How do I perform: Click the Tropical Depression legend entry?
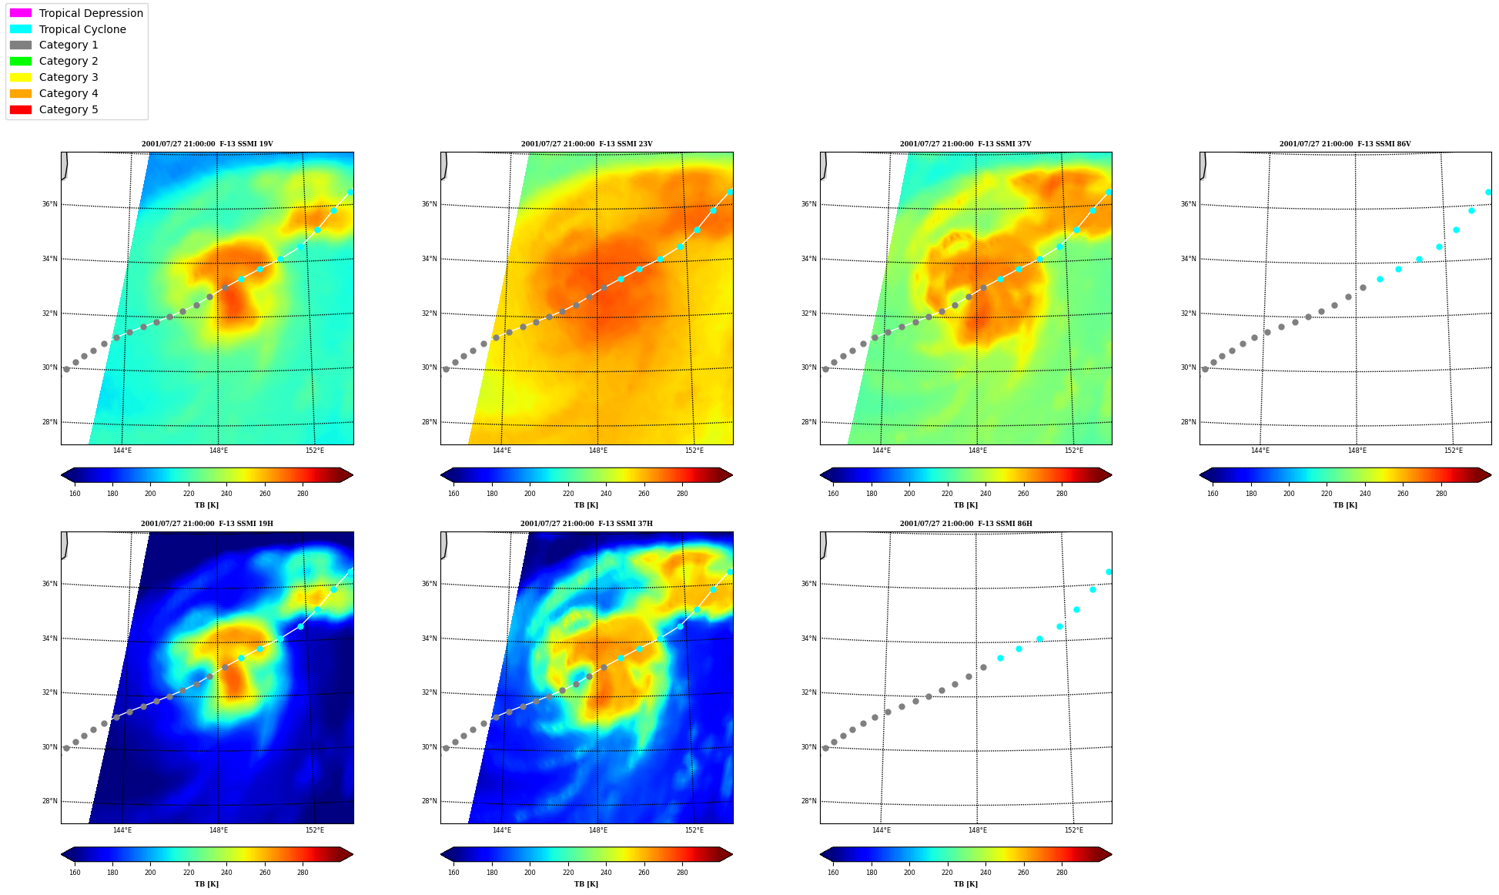(x=76, y=13)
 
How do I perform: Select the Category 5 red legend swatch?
(x=21, y=109)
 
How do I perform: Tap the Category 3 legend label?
(x=69, y=77)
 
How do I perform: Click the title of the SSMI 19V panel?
(x=207, y=144)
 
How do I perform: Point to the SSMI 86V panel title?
(x=1345, y=144)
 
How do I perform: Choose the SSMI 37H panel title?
(x=587, y=524)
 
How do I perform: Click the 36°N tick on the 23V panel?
(x=429, y=204)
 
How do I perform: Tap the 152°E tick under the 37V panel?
(x=1073, y=451)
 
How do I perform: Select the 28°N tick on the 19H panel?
(x=49, y=801)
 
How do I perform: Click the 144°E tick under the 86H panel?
(x=881, y=830)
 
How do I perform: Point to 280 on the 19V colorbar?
(x=303, y=494)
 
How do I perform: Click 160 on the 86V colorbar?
(x=1213, y=494)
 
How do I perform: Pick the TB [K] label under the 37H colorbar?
(x=586, y=884)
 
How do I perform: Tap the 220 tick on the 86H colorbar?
(x=947, y=873)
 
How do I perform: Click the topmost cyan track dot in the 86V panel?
(x=1488, y=192)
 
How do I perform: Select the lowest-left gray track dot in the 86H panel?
(x=825, y=748)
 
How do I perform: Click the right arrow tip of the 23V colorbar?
(x=733, y=475)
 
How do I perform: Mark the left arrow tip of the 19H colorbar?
(x=61, y=854)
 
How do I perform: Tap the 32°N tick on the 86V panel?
(x=1188, y=313)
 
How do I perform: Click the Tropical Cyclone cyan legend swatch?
(x=21, y=29)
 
